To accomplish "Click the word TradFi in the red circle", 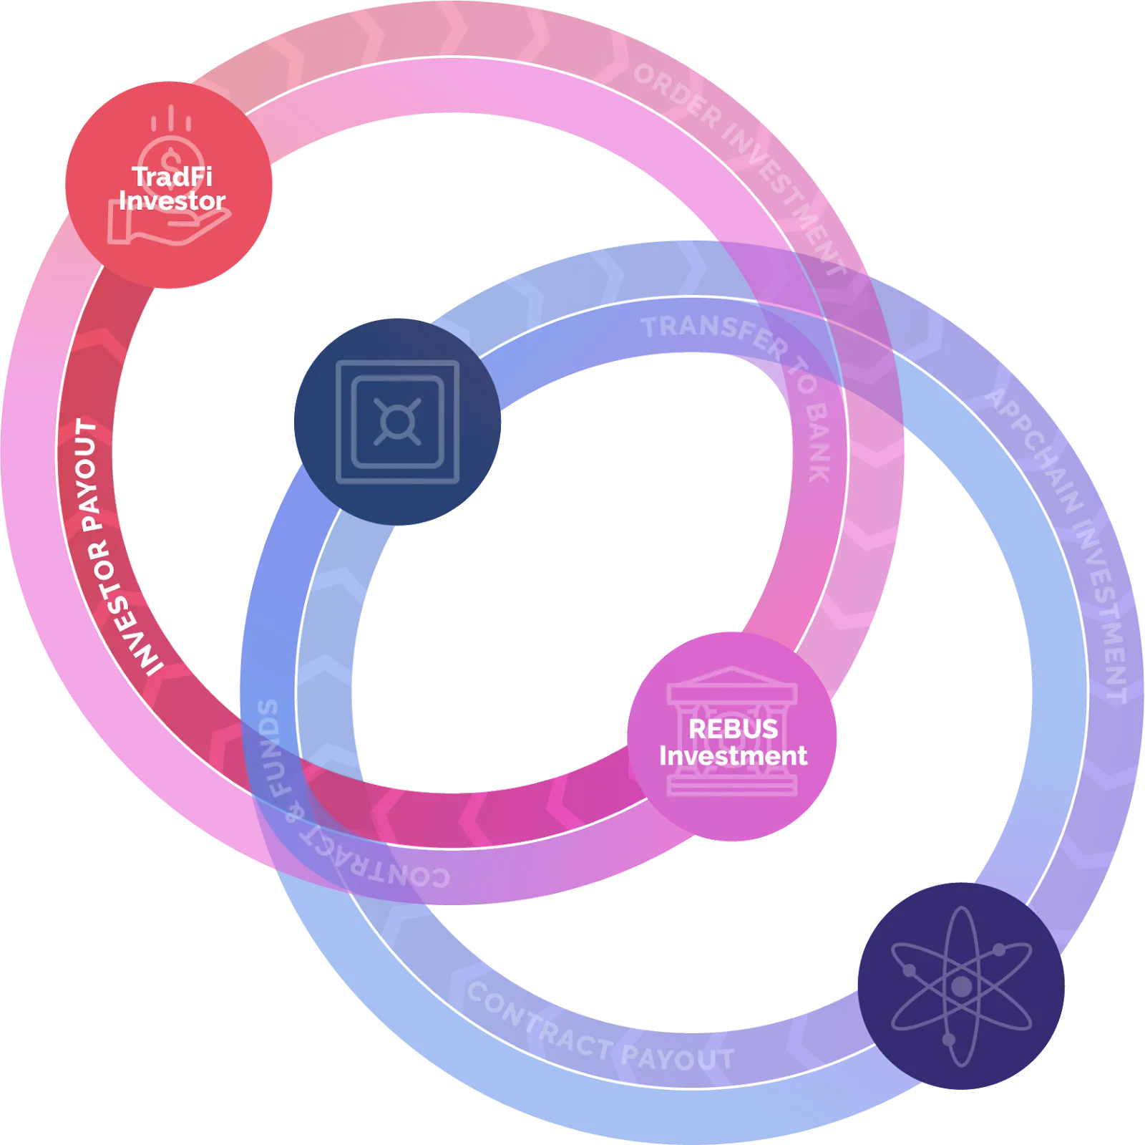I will point(172,176).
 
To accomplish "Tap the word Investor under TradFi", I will point(172,201).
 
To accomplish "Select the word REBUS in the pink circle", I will point(733,729).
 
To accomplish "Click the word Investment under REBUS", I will point(733,756).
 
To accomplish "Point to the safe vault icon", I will point(397,422).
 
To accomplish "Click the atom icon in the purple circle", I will point(961,985).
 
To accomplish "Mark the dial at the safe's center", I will point(397,422).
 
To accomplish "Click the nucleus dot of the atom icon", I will point(961,986).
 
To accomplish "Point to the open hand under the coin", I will point(169,222).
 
